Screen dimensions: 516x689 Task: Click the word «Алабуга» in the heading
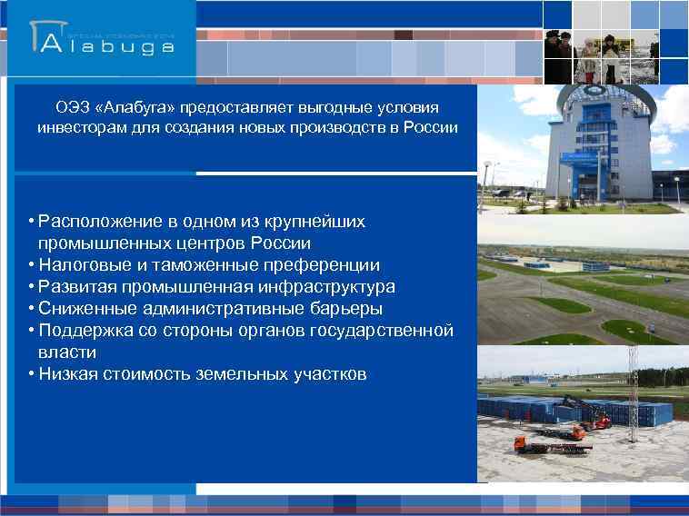click(x=134, y=107)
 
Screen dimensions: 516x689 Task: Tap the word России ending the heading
click(x=429, y=127)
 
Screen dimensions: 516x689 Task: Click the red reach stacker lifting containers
click(x=581, y=413)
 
